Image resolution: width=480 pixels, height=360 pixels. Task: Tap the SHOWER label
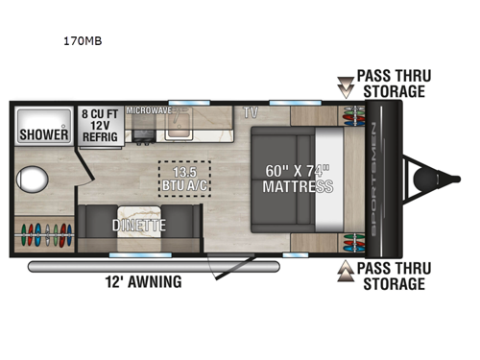44,134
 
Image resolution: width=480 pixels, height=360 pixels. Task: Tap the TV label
251,112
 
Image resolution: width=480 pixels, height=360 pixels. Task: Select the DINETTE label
139,226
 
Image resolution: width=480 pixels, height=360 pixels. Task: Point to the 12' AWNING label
144,282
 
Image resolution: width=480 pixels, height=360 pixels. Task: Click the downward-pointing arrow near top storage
344,88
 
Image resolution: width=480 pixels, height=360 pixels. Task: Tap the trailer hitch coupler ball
420,180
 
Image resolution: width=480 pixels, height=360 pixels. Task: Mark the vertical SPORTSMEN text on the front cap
374,180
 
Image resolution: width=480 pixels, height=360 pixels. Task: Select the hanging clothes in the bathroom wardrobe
44,236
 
